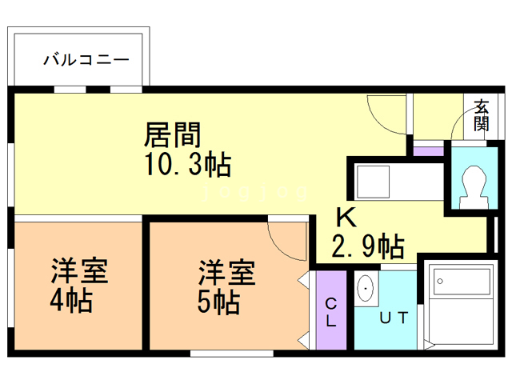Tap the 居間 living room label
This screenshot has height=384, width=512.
[172, 133]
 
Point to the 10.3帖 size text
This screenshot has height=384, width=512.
[188, 165]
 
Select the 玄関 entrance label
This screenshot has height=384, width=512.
[481, 114]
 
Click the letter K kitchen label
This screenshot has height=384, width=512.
[345, 217]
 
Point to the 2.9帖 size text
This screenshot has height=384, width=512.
[367, 245]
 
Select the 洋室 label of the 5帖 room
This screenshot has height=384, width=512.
[227, 272]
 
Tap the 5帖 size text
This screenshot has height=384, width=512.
[218, 303]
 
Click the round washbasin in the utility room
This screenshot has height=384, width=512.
[366, 288]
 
